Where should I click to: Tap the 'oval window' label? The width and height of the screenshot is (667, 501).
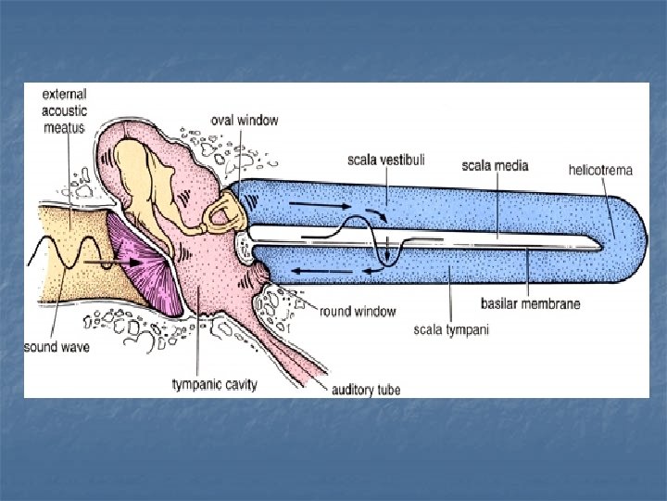click(245, 120)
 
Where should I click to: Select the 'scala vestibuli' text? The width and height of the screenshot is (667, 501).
click(386, 160)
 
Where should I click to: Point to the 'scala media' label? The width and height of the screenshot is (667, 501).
click(495, 166)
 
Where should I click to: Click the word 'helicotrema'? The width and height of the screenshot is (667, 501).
click(599, 170)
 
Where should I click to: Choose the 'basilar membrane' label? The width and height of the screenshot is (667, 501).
click(530, 302)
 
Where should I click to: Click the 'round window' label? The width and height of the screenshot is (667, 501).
click(358, 312)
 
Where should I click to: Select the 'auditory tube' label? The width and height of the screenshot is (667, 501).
click(366, 389)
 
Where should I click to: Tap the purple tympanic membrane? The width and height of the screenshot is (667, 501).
click(140, 263)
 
